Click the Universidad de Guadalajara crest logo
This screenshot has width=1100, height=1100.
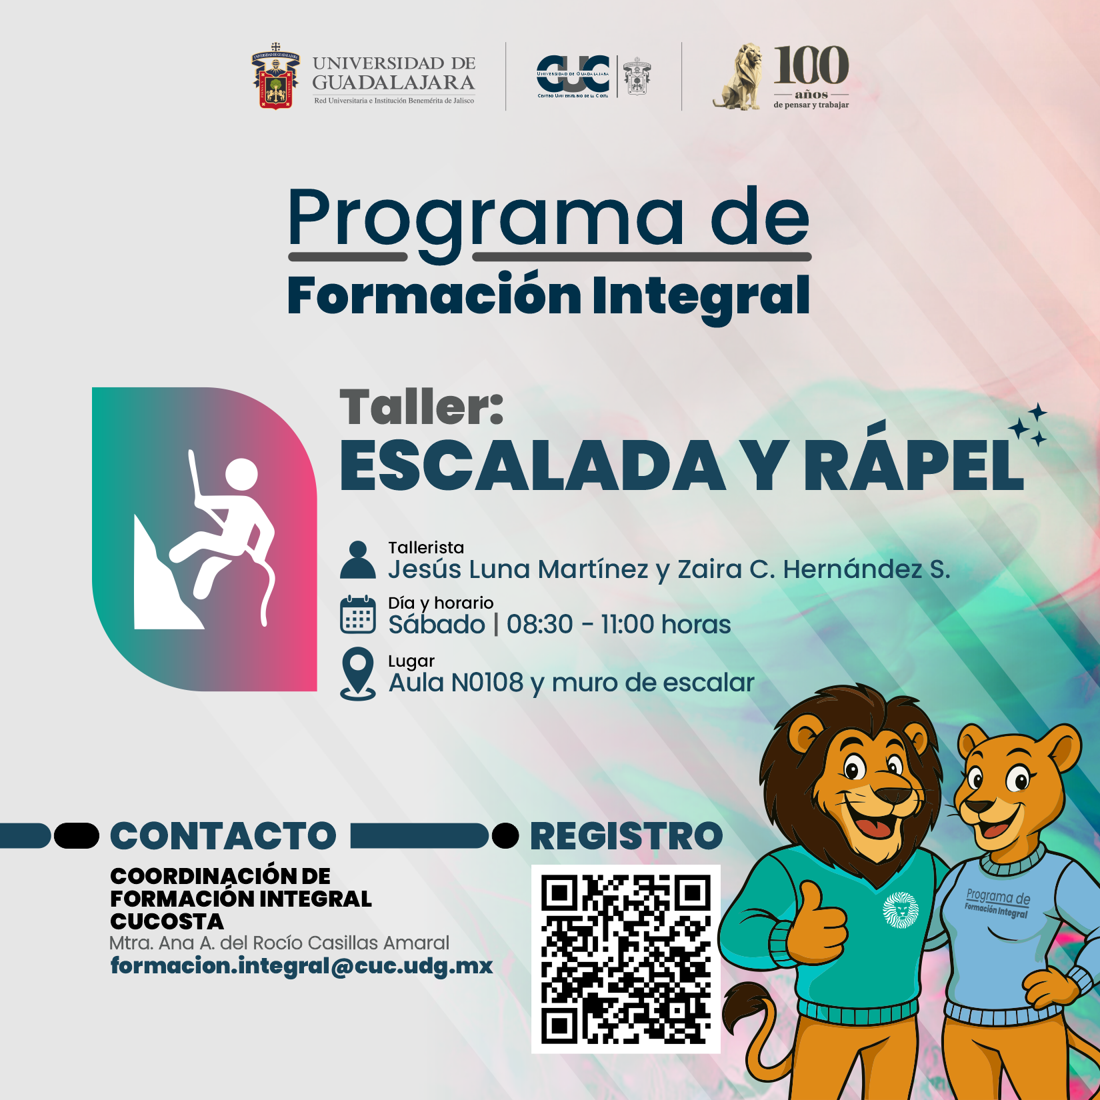[x=275, y=77]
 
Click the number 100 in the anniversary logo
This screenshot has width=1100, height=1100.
[x=811, y=65]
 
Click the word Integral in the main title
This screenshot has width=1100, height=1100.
[x=701, y=297]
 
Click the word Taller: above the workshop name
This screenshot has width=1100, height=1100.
[x=421, y=407]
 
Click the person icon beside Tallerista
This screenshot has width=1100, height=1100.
[x=358, y=559]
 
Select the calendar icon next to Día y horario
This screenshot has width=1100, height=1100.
[x=358, y=615]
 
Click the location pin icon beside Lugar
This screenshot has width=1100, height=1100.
[x=358, y=673]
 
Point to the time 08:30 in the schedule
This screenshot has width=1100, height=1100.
[x=539, y=625]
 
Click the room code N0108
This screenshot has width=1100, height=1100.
[x=487, y=683]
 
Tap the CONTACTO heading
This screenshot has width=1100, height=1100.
[x=223, y=836]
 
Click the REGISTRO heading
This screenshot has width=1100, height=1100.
[x=627, y=836]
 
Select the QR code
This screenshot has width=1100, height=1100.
[x=626, y=959]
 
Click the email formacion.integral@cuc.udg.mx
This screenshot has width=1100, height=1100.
[x=301, y=966]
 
